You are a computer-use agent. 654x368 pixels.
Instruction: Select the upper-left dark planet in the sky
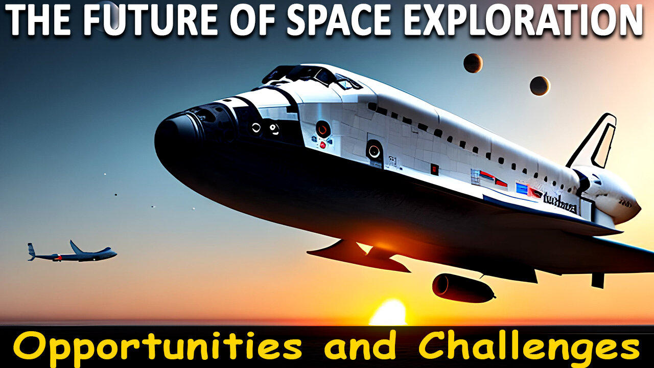tap(473, 63)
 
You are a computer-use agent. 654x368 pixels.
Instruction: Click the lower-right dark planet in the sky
tap(539, 85)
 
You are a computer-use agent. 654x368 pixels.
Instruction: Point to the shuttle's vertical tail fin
tap(598, 141)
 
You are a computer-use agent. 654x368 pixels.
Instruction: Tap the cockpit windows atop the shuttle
tap(312, 76)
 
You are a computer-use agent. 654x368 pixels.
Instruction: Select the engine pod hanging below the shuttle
tap(462, 287)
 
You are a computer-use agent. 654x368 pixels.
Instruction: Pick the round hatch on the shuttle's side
tap(374, 150)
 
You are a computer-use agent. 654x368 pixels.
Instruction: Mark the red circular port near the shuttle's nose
tap(322, 129)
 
